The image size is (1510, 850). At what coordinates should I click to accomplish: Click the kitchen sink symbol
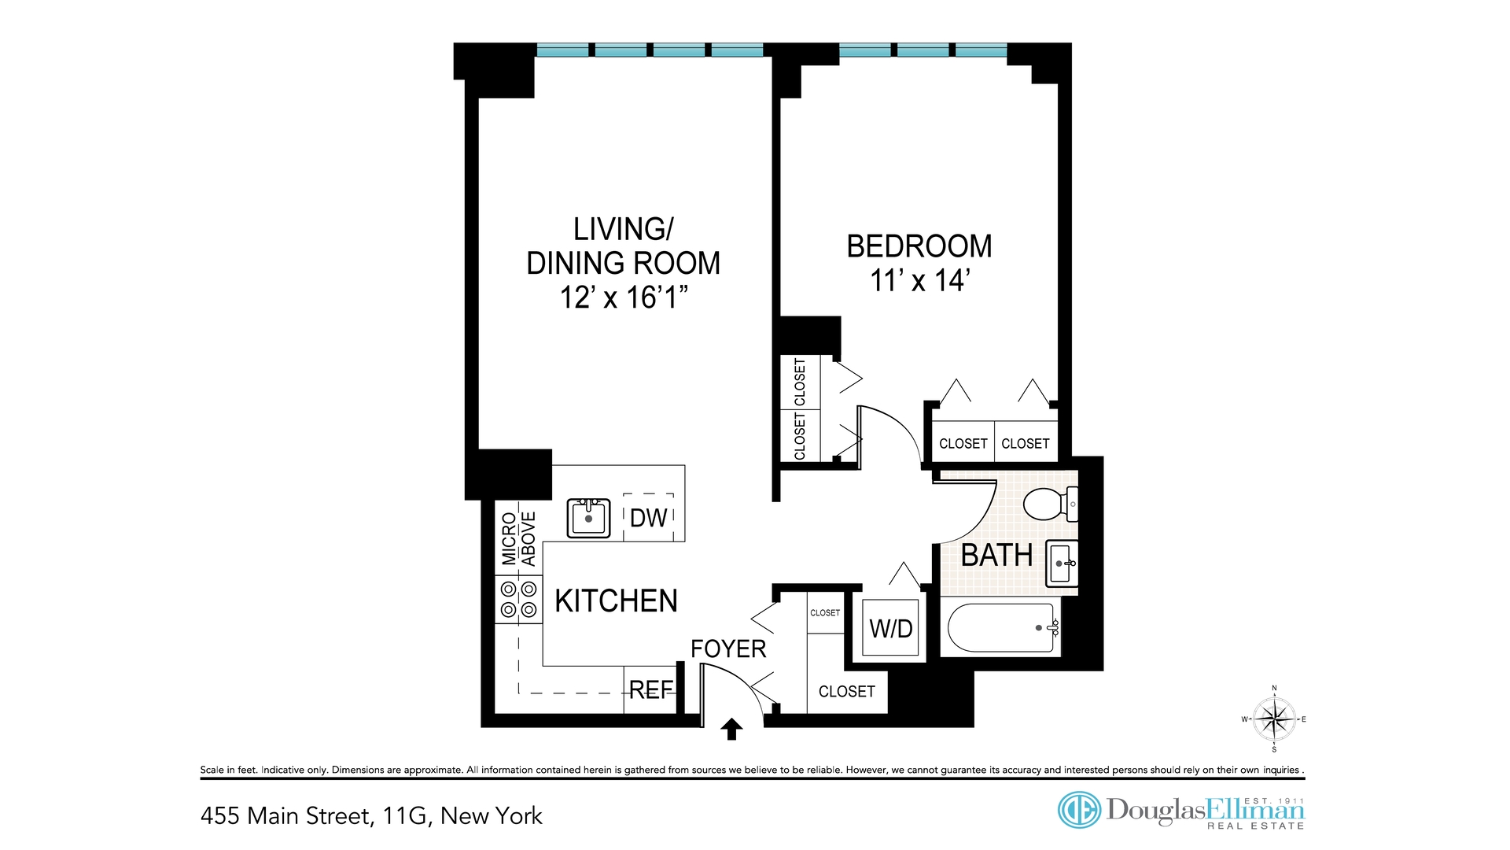588,518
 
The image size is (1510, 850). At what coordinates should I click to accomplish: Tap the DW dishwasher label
648,518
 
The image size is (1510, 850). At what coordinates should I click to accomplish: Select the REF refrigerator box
650,690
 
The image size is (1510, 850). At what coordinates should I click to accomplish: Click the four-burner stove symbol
519,600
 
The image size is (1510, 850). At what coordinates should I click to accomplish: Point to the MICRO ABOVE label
518,539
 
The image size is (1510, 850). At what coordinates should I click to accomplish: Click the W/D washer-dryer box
891,628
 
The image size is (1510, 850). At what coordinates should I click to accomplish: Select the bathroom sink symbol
1061,564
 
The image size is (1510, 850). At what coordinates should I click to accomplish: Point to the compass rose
1274,719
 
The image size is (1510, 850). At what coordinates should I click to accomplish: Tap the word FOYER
728,649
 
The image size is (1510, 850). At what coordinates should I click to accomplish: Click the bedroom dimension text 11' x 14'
919,281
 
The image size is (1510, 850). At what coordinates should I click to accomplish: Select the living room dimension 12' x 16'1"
624,297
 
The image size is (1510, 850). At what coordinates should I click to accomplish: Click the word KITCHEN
616,601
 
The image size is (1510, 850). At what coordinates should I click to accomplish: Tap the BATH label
996,556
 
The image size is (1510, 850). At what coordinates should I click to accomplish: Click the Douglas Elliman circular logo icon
1079,810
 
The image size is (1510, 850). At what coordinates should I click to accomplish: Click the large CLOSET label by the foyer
846,692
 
